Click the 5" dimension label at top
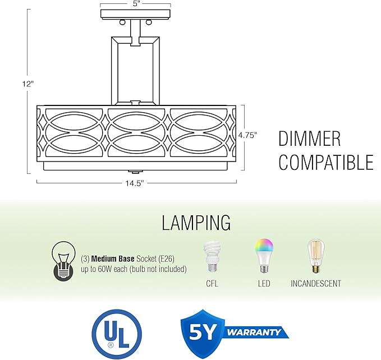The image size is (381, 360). pos(137,4)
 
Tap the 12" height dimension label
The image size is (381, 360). pos(27,84)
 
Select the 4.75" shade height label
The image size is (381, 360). pos(247,135)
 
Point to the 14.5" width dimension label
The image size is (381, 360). pos(135,183)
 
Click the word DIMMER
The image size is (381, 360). pos(309,139)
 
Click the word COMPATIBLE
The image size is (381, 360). pos(326,162)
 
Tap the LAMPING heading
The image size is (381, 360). pos(196,223)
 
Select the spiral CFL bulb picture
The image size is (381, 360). pos(212,256)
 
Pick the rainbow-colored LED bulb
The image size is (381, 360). pos(264,256)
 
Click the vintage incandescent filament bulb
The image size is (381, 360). pos(316,256)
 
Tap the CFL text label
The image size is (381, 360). pos(212,284)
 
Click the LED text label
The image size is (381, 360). pos(264,284)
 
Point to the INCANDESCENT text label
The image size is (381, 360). pos(316,284)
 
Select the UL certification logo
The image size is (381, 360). pos(117,334)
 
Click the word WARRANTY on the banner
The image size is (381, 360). pos(254,332)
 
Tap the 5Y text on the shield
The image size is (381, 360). pos(202,331)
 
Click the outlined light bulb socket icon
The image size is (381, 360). pos(63,261)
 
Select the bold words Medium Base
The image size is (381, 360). pos(113,259)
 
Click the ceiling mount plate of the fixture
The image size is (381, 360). pos(135,14)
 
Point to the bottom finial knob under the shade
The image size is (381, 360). pos(134,172)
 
